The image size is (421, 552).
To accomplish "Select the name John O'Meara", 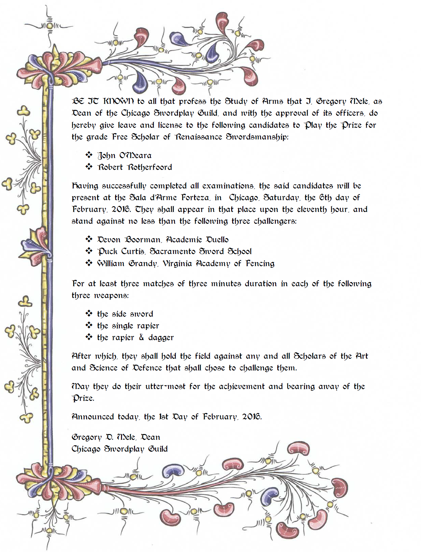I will click(124, 155).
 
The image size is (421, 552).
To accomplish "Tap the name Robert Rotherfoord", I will click(135, 167).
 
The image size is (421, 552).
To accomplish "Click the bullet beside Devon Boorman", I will click(89, 239).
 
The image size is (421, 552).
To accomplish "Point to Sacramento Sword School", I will click(201, 251).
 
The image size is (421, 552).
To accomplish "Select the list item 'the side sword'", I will click(125, 314).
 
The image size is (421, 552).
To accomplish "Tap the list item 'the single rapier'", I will click(128, 326).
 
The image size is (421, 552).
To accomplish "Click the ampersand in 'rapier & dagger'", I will click(141, 337).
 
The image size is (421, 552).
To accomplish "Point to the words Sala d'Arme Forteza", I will click(169, 198).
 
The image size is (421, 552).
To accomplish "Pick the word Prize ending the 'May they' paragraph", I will click(83, 398).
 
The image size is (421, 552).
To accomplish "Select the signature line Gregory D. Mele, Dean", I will click(116, 437).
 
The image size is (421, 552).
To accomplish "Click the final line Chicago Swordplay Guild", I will click(119, 449).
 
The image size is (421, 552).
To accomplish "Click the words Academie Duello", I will click(197, 240).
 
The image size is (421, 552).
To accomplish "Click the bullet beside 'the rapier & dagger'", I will click(89, 337).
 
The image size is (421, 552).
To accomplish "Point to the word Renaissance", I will click(198, 137).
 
